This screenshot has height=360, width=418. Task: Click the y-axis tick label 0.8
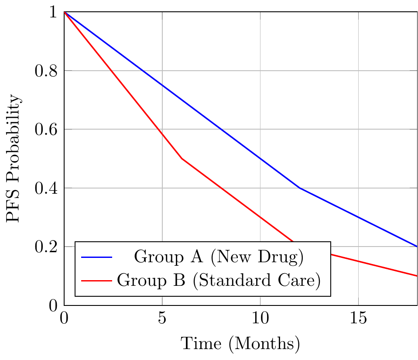[x=46, y=71]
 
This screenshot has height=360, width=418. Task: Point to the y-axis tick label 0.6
[x=46, y=130]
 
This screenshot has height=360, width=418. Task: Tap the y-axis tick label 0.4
[x=46, y=188]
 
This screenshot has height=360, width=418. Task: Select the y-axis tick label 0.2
[x=46, y=247]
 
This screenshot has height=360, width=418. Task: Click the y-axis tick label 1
[x=53, y=12]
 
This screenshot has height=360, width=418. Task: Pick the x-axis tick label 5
[x=162, y=318]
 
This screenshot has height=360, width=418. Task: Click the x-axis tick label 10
[x=260, y=318]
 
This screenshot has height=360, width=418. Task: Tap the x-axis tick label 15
[x=358, y=318]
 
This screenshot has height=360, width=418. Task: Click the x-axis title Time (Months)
[x=240, y=344]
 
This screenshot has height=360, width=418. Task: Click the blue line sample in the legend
[x=96, y=257]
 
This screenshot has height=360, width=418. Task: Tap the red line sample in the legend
[x=96, y=281]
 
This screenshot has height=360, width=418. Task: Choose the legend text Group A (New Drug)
[x=219, y=257]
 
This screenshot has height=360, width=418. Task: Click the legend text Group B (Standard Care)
[x=219, y=281]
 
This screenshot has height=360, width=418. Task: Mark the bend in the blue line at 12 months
[x=300, y=188]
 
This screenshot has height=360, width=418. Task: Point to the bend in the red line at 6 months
[x=182, y=159]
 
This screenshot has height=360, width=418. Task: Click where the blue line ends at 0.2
[x=417, y=247]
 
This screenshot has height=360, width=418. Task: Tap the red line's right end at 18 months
[x=417, y=276]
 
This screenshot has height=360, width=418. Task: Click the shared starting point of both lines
[x=64, y=12]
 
